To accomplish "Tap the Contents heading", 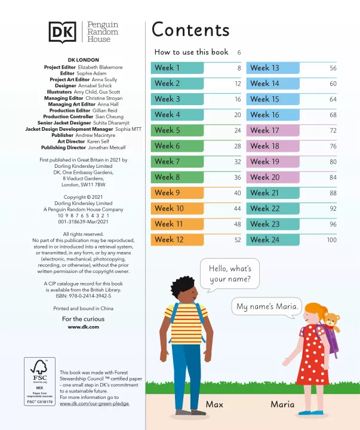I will pos(190,30).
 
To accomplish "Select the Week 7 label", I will pos(167,162).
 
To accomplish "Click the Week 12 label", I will pos(169,239).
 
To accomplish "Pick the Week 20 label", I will pos(264,177).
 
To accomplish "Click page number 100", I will pos(331,240).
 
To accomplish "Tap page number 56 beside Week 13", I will pos(333,69).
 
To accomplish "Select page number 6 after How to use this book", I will pos(239,53).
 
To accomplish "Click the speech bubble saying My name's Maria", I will pos(266,306).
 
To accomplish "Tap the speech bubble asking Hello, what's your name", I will pos(226,274).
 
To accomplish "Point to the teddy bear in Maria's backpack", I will pos(330,321).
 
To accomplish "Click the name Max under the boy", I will pos(214,405).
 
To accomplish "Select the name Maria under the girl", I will pos(282,405).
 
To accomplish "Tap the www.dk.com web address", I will pos(83,327).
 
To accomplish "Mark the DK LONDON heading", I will pos(83,60).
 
